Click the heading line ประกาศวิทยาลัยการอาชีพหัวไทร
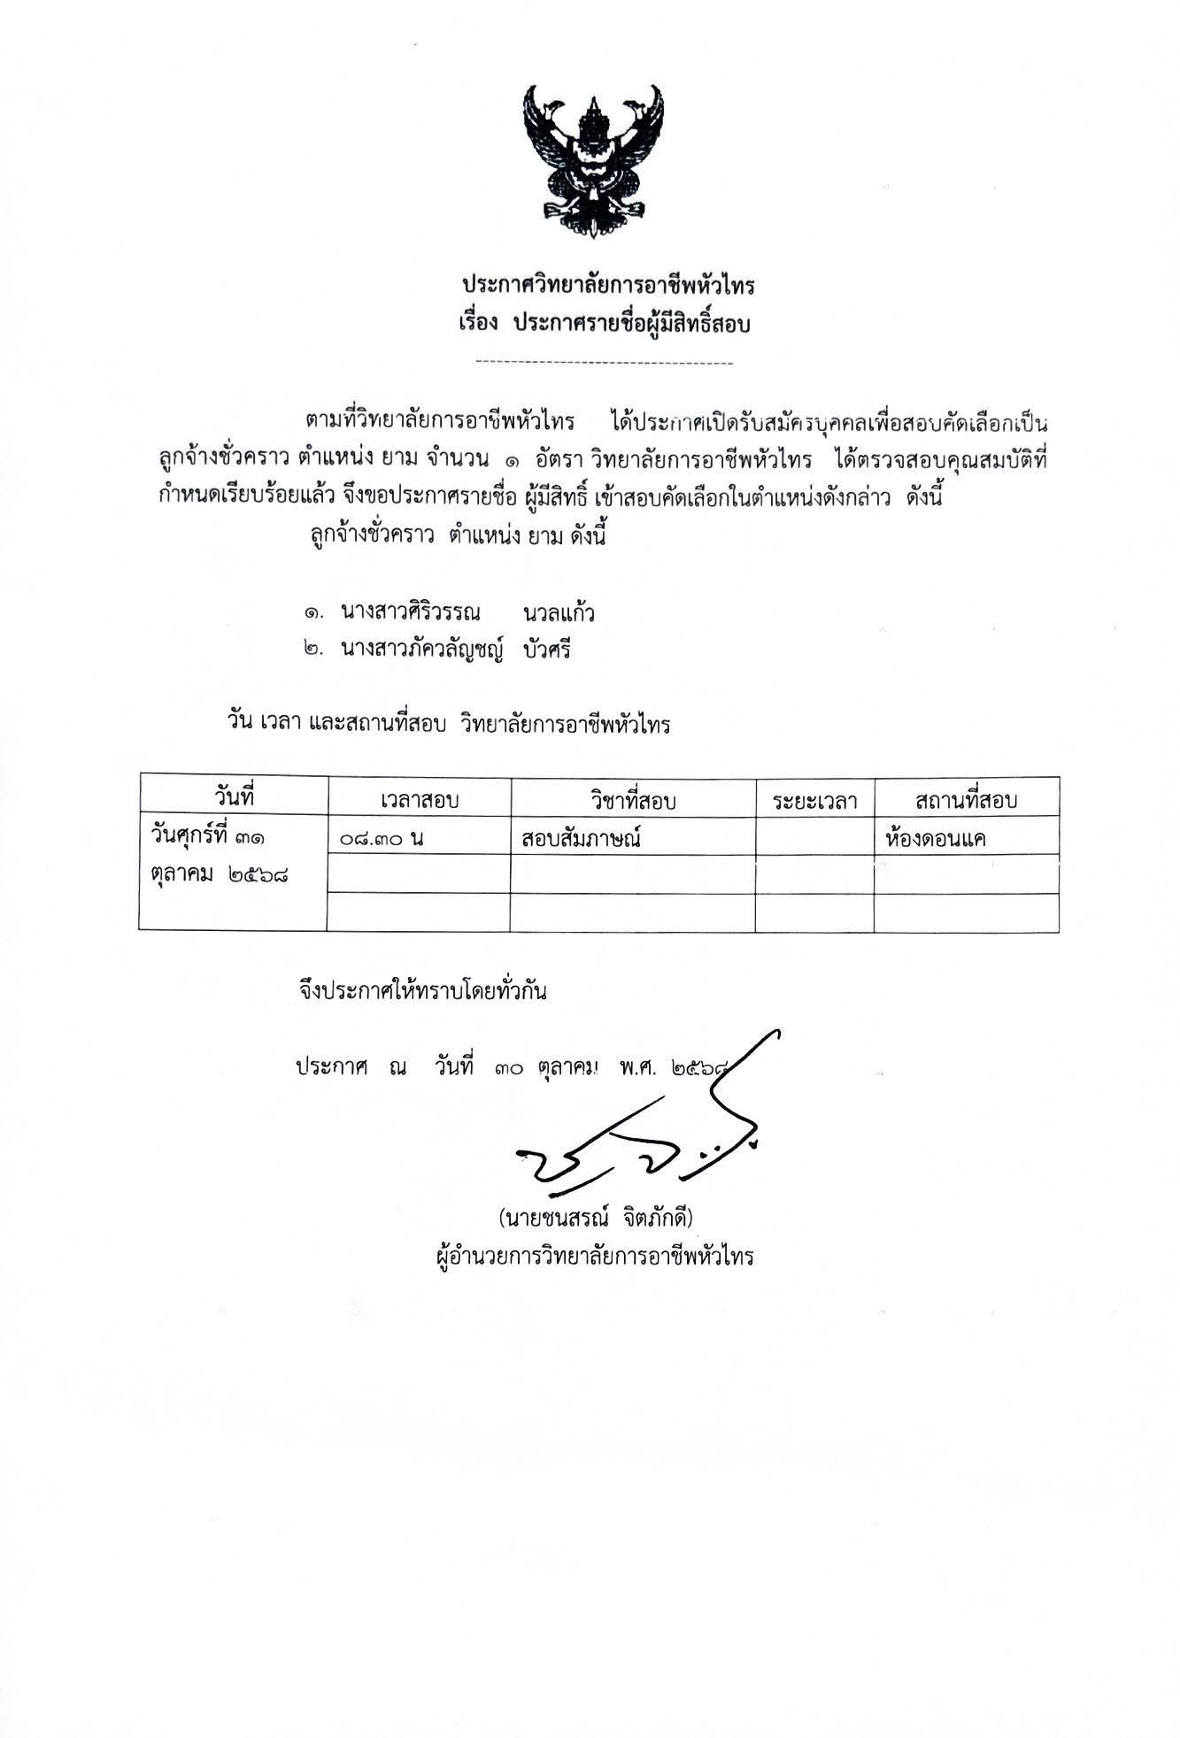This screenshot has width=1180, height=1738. click(608, 286)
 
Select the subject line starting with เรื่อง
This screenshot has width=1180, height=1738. click(598, 324)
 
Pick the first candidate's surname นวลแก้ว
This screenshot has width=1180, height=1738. click(559, 613)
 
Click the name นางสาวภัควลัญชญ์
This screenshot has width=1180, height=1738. click(422, 650)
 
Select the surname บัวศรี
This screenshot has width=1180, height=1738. click(547, 650)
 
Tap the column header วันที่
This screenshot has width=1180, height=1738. click(234, 796)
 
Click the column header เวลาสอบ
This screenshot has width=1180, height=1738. click(420, 801)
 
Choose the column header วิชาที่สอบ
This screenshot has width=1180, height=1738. click(632, 801)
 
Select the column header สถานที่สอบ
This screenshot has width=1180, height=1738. click(967, 801)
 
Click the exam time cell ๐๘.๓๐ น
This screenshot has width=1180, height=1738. click(382, 837)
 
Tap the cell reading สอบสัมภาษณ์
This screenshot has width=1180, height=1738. click(581, 838)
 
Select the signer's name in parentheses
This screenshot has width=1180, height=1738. click(595, 1219)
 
